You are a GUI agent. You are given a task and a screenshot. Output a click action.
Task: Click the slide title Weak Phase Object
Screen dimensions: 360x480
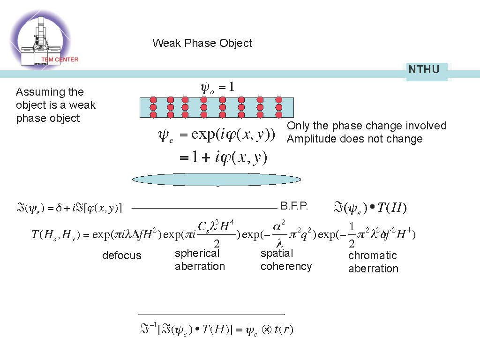(x=202, y=43)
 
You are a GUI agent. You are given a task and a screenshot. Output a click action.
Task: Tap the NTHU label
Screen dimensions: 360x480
(x=424, y=70)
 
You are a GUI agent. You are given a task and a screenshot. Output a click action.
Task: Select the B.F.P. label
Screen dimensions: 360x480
(x=294, y=206)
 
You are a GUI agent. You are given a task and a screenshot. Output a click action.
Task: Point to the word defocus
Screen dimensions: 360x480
(x=121, y=255)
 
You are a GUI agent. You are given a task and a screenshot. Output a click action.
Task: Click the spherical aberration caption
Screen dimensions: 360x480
(x=200, y=260)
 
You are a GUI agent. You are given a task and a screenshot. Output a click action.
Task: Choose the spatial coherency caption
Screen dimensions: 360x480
(x=286, y=260)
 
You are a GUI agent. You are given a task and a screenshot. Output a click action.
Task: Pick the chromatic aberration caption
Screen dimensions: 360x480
(x=373, y=262)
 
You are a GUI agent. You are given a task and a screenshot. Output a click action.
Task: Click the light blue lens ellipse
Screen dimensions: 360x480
(x=217, y=179)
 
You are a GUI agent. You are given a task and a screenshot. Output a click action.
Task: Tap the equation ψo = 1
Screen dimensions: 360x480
(x=217, y=87)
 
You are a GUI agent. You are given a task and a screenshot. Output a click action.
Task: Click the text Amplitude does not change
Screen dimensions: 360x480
(x=354, y=139)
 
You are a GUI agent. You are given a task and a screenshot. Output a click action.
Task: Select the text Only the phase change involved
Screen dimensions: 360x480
(x=367, y=126)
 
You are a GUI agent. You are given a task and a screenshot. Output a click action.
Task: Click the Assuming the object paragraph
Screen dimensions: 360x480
(x=55, y=105)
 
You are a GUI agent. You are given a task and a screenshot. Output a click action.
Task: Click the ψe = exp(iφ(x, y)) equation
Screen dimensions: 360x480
(x=216, y=135)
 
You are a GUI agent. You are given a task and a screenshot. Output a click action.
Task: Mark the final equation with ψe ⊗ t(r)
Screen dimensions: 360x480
(x=216, y=330)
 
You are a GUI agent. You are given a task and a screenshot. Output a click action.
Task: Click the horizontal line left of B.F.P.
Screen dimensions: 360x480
(x=204, y=208)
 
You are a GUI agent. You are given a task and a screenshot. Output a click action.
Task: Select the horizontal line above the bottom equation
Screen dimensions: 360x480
(x=211, y=314)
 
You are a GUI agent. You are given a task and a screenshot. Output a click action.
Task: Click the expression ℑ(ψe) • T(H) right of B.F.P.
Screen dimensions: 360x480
(x=370, y=207)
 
